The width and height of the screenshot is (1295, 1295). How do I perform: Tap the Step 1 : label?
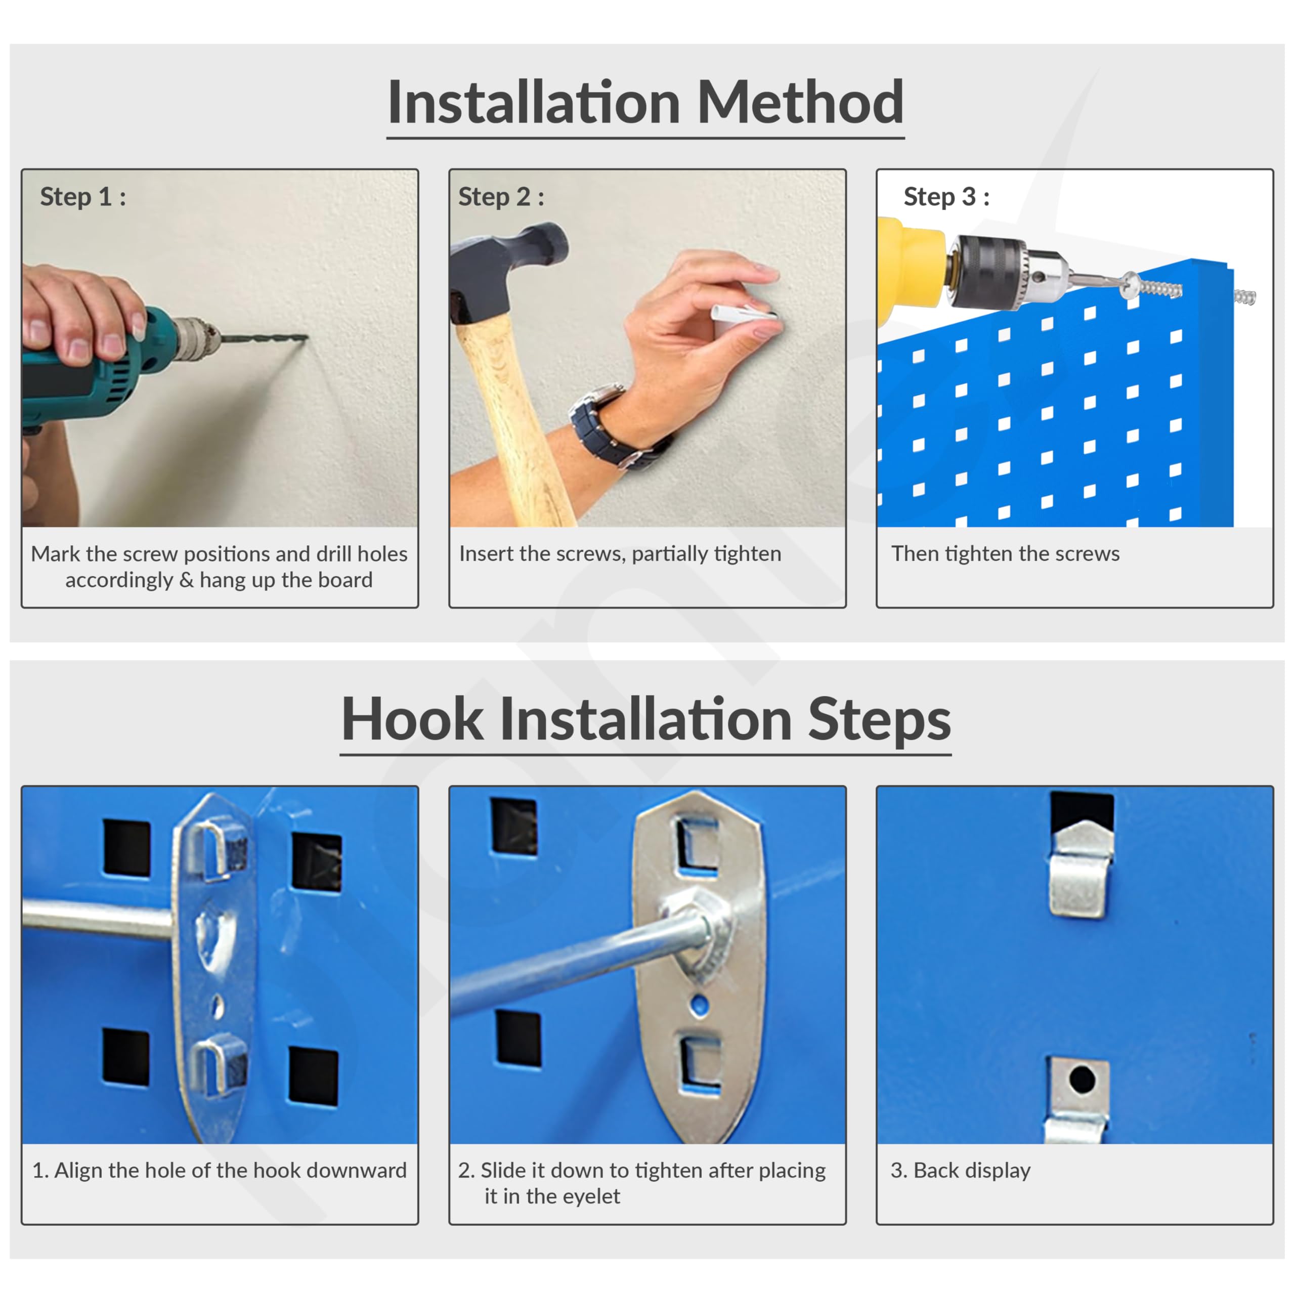tap(83, 197)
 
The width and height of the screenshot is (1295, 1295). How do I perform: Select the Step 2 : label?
tap(501, 197)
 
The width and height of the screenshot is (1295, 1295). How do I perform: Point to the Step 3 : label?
tap(946, 197)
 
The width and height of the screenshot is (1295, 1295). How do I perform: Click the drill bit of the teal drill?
tap(263, 338)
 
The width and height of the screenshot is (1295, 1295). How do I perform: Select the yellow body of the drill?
tap(912, 265)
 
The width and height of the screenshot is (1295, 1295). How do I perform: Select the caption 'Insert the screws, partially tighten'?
tap(620, 553)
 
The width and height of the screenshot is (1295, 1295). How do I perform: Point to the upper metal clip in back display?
tap(1081, 868)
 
